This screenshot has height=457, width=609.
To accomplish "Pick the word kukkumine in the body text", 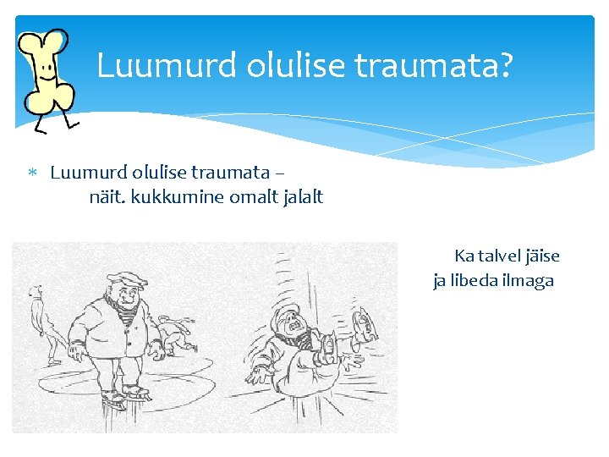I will [176, 197].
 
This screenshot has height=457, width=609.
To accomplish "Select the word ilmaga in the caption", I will [529, 281].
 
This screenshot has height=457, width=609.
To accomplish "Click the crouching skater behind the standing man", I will [176, 335].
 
